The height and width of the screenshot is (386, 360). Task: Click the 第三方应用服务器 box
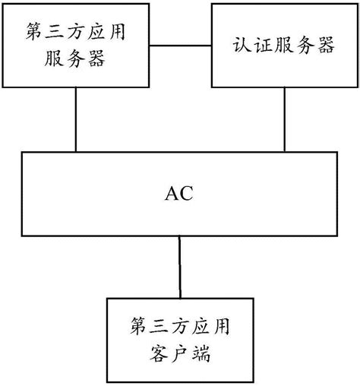tap(76, 46)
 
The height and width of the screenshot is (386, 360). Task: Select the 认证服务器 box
tap(283, 45)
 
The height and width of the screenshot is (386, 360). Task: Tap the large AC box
tap(180, 193)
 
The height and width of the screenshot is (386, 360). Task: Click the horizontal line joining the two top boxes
tap(179, 46)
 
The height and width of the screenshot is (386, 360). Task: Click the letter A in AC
tap(172, 193)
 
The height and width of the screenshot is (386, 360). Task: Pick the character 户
tap(181, 354)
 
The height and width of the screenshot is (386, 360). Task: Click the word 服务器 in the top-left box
tap(76, 59)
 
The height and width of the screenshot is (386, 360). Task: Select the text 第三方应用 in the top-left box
tap(76, 33)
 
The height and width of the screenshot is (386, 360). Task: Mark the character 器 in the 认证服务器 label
tap(325, 46)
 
